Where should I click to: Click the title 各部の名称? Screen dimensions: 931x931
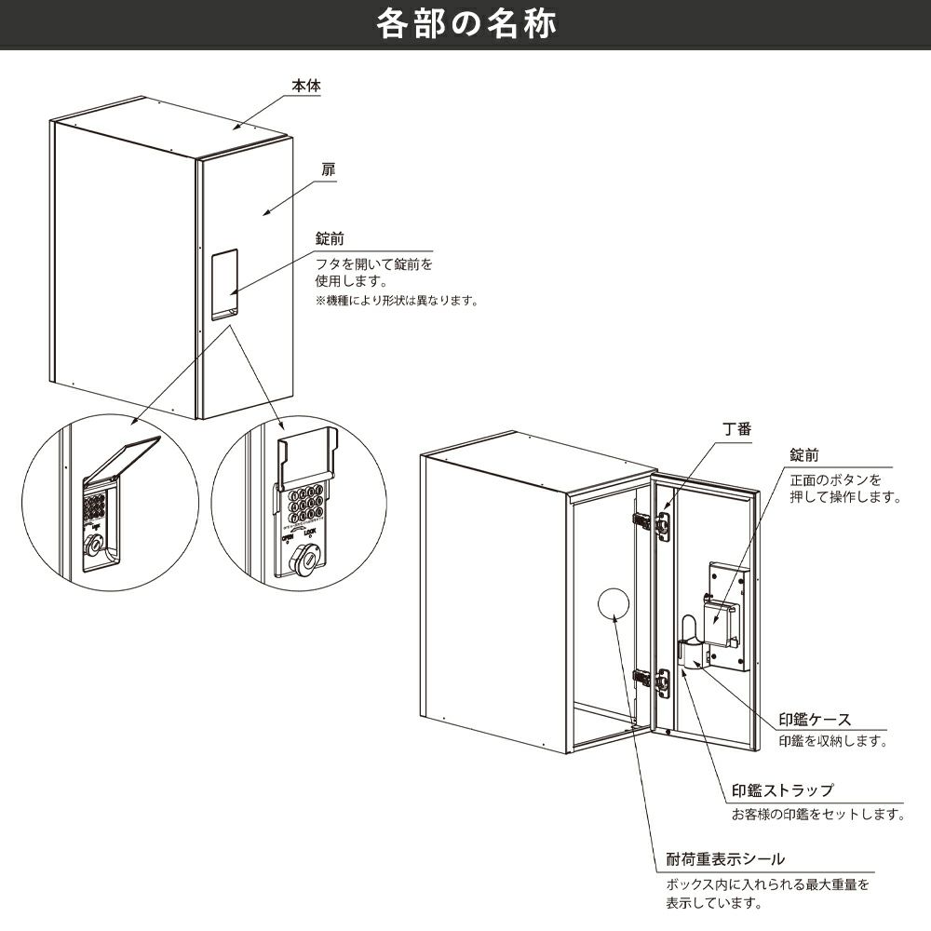(x=465, y=25)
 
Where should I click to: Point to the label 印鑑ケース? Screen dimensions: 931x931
(x=816, y=719)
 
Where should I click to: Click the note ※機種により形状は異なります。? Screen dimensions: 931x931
(x=397, y=301)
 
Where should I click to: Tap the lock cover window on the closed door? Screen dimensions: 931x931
(x=223, y=283)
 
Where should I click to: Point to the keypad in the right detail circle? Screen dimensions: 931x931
(x=306, y=504)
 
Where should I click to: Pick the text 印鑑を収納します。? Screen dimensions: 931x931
(x=831, y=742)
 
